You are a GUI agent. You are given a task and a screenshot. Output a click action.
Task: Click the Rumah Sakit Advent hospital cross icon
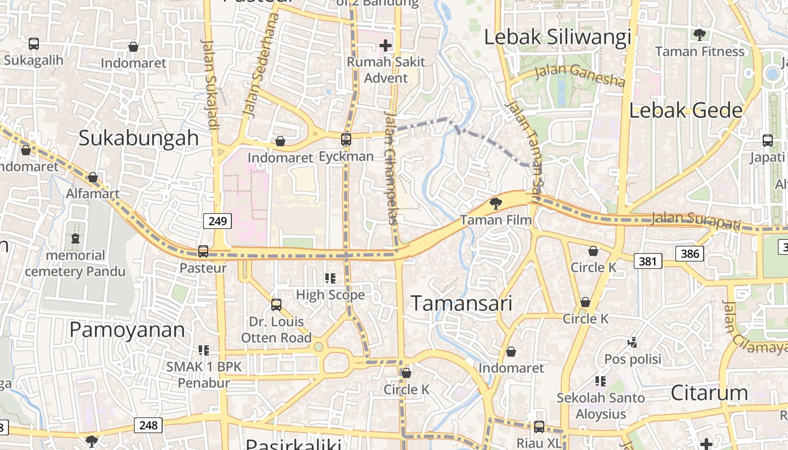[x=386, y=45]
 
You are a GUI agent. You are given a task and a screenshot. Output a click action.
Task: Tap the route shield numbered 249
[x=217, y=221]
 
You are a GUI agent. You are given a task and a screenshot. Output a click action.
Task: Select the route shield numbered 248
[x=149, y=425]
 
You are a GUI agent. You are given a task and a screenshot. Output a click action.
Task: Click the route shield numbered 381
[x=648, y=261]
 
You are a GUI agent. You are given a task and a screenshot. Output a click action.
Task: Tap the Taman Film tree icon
[x=495, y=203]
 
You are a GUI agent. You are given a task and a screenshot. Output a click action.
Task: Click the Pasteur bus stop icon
[x=203, y=251]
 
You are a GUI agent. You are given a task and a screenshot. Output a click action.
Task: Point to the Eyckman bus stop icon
[x=346, y=139]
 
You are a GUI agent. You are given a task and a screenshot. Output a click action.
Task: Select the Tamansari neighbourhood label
[x=462, y=304]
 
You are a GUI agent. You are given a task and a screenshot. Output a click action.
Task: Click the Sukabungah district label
[x=139, y=138]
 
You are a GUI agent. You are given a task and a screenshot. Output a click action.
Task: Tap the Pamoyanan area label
[x=127, y=330]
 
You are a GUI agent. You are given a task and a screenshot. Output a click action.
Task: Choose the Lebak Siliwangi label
[x=558, y=38]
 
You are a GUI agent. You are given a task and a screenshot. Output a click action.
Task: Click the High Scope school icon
[x=330, y=278]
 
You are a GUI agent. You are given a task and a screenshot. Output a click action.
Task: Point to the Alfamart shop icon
[x=93, y=178]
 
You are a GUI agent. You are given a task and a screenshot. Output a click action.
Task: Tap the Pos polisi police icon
[x=633, y=342]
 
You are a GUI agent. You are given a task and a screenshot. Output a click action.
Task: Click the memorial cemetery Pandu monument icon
[x=75, y=239]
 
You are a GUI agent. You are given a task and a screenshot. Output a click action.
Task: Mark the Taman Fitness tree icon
[x=700, y=35]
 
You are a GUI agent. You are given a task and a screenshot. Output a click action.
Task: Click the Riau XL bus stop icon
[x=539, y=427]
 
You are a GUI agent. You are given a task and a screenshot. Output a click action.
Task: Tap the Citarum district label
[x=709, y=393]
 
